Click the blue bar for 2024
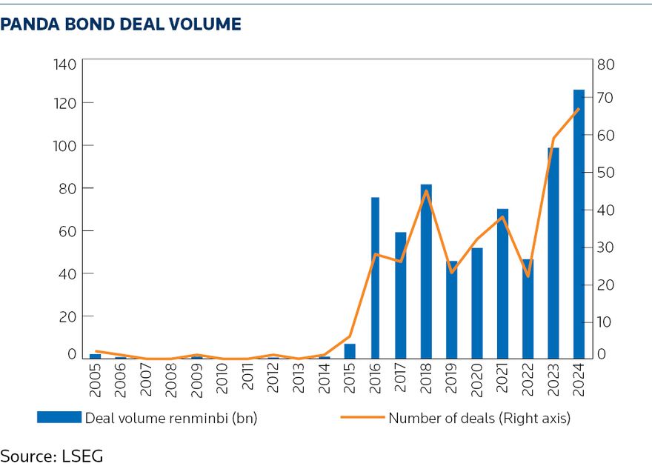[579, 224]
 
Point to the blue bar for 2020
[477, 303]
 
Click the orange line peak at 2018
[426, 191]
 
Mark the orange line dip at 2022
[528, 276]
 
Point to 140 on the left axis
[65, 64]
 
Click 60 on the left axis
[68, 231]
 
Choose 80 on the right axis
[607, 64]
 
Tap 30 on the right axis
[607, 247]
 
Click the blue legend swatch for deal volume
[59, 417]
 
